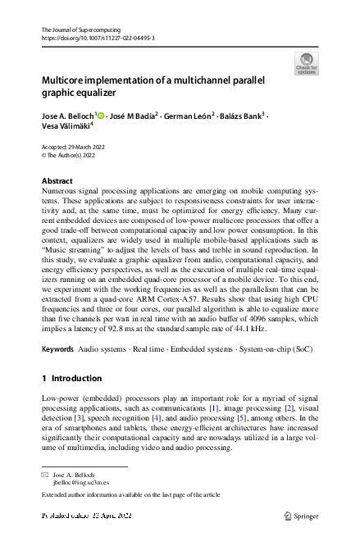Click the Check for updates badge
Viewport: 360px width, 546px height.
(306, 64)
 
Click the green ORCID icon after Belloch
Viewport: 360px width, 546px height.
(102, 116)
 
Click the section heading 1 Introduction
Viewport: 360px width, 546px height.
(72, 379)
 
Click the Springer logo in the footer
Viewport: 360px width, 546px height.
(302, 516)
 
